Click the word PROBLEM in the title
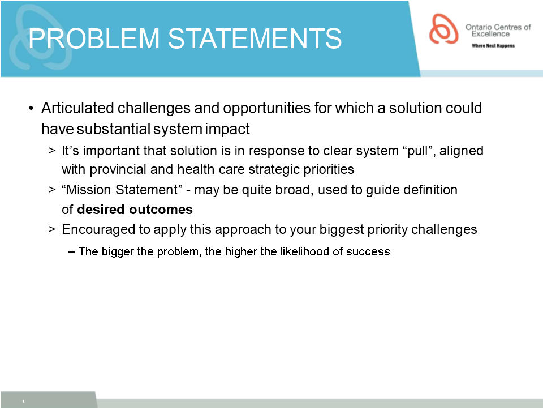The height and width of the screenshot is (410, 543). (x=94, y=38)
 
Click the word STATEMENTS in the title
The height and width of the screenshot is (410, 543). (x=255, y=38)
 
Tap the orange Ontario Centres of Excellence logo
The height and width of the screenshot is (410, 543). (x=443, y=29)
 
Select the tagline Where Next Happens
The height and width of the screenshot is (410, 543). (x=493, y=46)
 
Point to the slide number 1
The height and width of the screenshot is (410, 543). (x=24, y=402)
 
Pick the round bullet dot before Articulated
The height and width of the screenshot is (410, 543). (x=31, y=109)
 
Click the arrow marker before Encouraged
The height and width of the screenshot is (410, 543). (x=52, y=229)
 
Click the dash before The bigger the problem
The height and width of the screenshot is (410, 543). (x=72, y=252)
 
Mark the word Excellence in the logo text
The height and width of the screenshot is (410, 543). (x=490, y=34)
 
